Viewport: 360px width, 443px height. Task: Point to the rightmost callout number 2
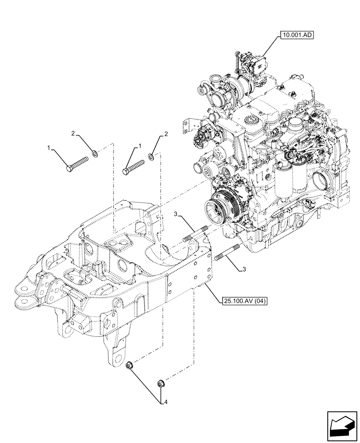click(x=166, y=134)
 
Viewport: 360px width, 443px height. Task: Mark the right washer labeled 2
click(x=151, y=155)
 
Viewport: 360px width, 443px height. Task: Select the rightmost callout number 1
click(x=140, y=146)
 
